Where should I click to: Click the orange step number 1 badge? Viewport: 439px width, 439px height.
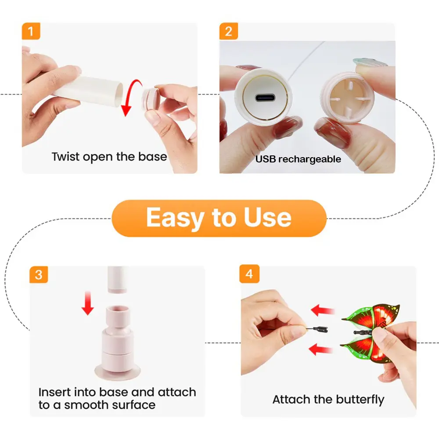[31, 31]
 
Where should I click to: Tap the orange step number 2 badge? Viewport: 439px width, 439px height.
[228, 31]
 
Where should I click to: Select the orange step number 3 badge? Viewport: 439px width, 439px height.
[39, 274]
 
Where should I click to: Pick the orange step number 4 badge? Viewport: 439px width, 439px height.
[249, 274]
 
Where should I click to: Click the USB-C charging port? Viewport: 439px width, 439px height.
[265, 98]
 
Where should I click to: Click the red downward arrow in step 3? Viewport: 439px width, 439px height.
[88, 303]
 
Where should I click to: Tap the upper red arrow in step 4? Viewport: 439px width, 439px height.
[323, 310]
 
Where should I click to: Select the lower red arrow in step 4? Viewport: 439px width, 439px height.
[321, 349]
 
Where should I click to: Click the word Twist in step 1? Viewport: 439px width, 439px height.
[65, 157]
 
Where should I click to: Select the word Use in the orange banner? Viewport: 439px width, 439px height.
[267, 218]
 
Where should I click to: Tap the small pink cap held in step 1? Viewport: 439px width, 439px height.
[151, 98]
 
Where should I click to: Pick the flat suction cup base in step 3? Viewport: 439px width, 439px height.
[117, 372]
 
